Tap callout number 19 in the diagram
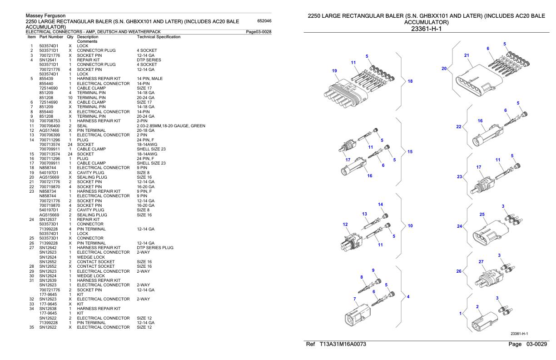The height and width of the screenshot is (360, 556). coord(335,71)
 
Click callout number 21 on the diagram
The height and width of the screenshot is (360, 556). coord(466,55)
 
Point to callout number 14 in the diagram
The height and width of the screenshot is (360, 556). coord(381,205)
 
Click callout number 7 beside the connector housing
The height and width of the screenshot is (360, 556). coord(356,299)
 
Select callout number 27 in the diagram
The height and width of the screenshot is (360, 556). coord(481,261)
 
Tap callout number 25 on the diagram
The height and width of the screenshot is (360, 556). coord(482,214)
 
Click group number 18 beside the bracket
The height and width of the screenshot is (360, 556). coord(410,81)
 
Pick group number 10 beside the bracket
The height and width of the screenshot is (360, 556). coord(410,225)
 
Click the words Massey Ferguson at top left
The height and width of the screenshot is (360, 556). coord(46,16)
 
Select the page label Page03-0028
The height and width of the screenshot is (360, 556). coord(258,31)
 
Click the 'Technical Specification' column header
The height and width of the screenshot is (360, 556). coord(158,36)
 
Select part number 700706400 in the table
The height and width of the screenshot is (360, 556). coord(49,125)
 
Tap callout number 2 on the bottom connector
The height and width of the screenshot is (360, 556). coord(477,306)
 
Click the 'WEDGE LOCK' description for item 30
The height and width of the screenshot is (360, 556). coord(91,276)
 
